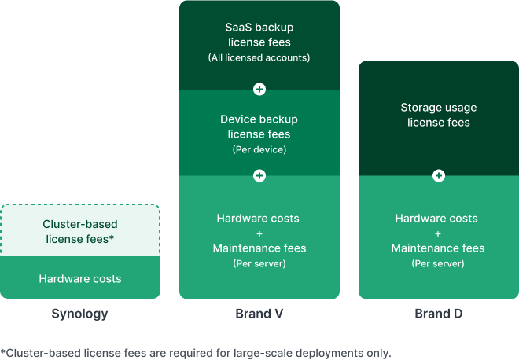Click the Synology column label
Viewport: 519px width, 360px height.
point(79,314)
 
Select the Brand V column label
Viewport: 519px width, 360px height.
point(259,314)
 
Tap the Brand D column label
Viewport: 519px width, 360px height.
point(438,314)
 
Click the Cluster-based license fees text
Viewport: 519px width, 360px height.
point(79,231)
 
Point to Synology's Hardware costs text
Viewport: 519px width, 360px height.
point(79,278)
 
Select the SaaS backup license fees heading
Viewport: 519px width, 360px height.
point(259,35)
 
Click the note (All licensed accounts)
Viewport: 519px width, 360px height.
point(259,58)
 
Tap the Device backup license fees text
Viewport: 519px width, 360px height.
point(259,127)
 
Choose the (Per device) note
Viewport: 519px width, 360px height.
point(259,149)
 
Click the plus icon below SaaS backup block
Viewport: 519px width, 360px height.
point(259,90)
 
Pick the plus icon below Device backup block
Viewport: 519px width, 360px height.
point(259,176)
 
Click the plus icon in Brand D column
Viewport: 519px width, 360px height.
point(439,176)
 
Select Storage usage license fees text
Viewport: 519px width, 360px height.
point(438,115)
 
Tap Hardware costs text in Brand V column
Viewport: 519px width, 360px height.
point(259,218)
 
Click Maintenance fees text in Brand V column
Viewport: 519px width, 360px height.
point(259,248)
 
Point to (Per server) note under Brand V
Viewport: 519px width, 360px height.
point(259,263)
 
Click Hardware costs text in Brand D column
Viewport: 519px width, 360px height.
point(438,218)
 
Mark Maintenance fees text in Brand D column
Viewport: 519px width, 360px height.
point(438,248)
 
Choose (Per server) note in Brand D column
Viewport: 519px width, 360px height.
point(438,263)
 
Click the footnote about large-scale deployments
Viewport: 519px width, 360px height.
point(196,352)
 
